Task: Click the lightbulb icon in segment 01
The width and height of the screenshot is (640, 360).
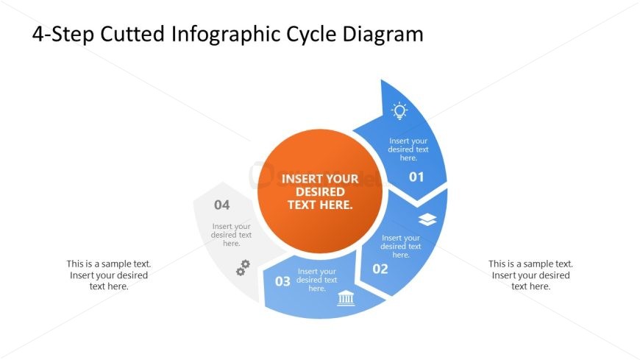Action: coord(399,110)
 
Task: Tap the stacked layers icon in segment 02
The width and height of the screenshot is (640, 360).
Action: coord(427,219)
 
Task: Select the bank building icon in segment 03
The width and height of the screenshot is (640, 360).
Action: coord(346,298)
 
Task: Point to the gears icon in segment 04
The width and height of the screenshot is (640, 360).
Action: coord(243,268)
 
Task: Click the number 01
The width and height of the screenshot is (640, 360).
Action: coord(416,177)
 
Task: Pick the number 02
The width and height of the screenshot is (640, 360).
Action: coord(380,269)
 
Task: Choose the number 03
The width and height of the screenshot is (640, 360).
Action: coord(282,281)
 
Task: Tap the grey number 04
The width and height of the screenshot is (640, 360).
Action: coord(222,205)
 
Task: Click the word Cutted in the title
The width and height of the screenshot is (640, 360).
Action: coord(132,34)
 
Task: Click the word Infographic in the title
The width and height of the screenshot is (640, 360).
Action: coord(225,35)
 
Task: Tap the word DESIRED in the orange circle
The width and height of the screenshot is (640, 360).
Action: coord(320,191)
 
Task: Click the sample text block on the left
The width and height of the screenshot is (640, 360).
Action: coord(109,275)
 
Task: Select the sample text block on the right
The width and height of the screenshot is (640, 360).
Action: coord(530,275)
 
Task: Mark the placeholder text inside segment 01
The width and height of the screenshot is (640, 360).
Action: coord(408,149)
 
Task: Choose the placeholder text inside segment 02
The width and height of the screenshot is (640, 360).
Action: coord(401,246)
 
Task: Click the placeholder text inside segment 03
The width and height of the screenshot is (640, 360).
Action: coord(317,280)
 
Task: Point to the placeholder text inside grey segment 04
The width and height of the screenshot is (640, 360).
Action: coord(232,235)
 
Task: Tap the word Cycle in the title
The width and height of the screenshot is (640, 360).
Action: coord(310,35)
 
